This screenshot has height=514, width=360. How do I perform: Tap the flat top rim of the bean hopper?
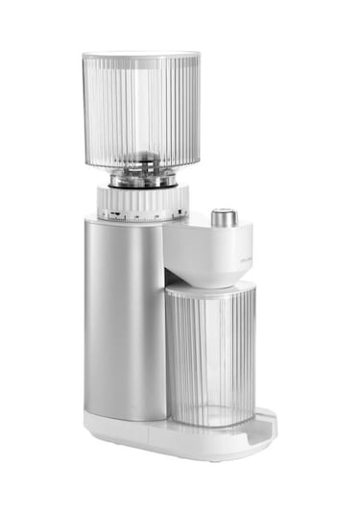coord(141,56)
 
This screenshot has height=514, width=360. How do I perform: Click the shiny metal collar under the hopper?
coord(143,178)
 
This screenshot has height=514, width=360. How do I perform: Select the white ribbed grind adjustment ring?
coord(142,199)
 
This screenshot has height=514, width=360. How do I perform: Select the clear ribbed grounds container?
coord(210,355)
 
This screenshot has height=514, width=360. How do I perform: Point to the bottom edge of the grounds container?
coord(211,422)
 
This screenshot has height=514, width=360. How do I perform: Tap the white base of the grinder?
coord(163,439)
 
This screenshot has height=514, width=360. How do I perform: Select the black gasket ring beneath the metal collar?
coord(142,186)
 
